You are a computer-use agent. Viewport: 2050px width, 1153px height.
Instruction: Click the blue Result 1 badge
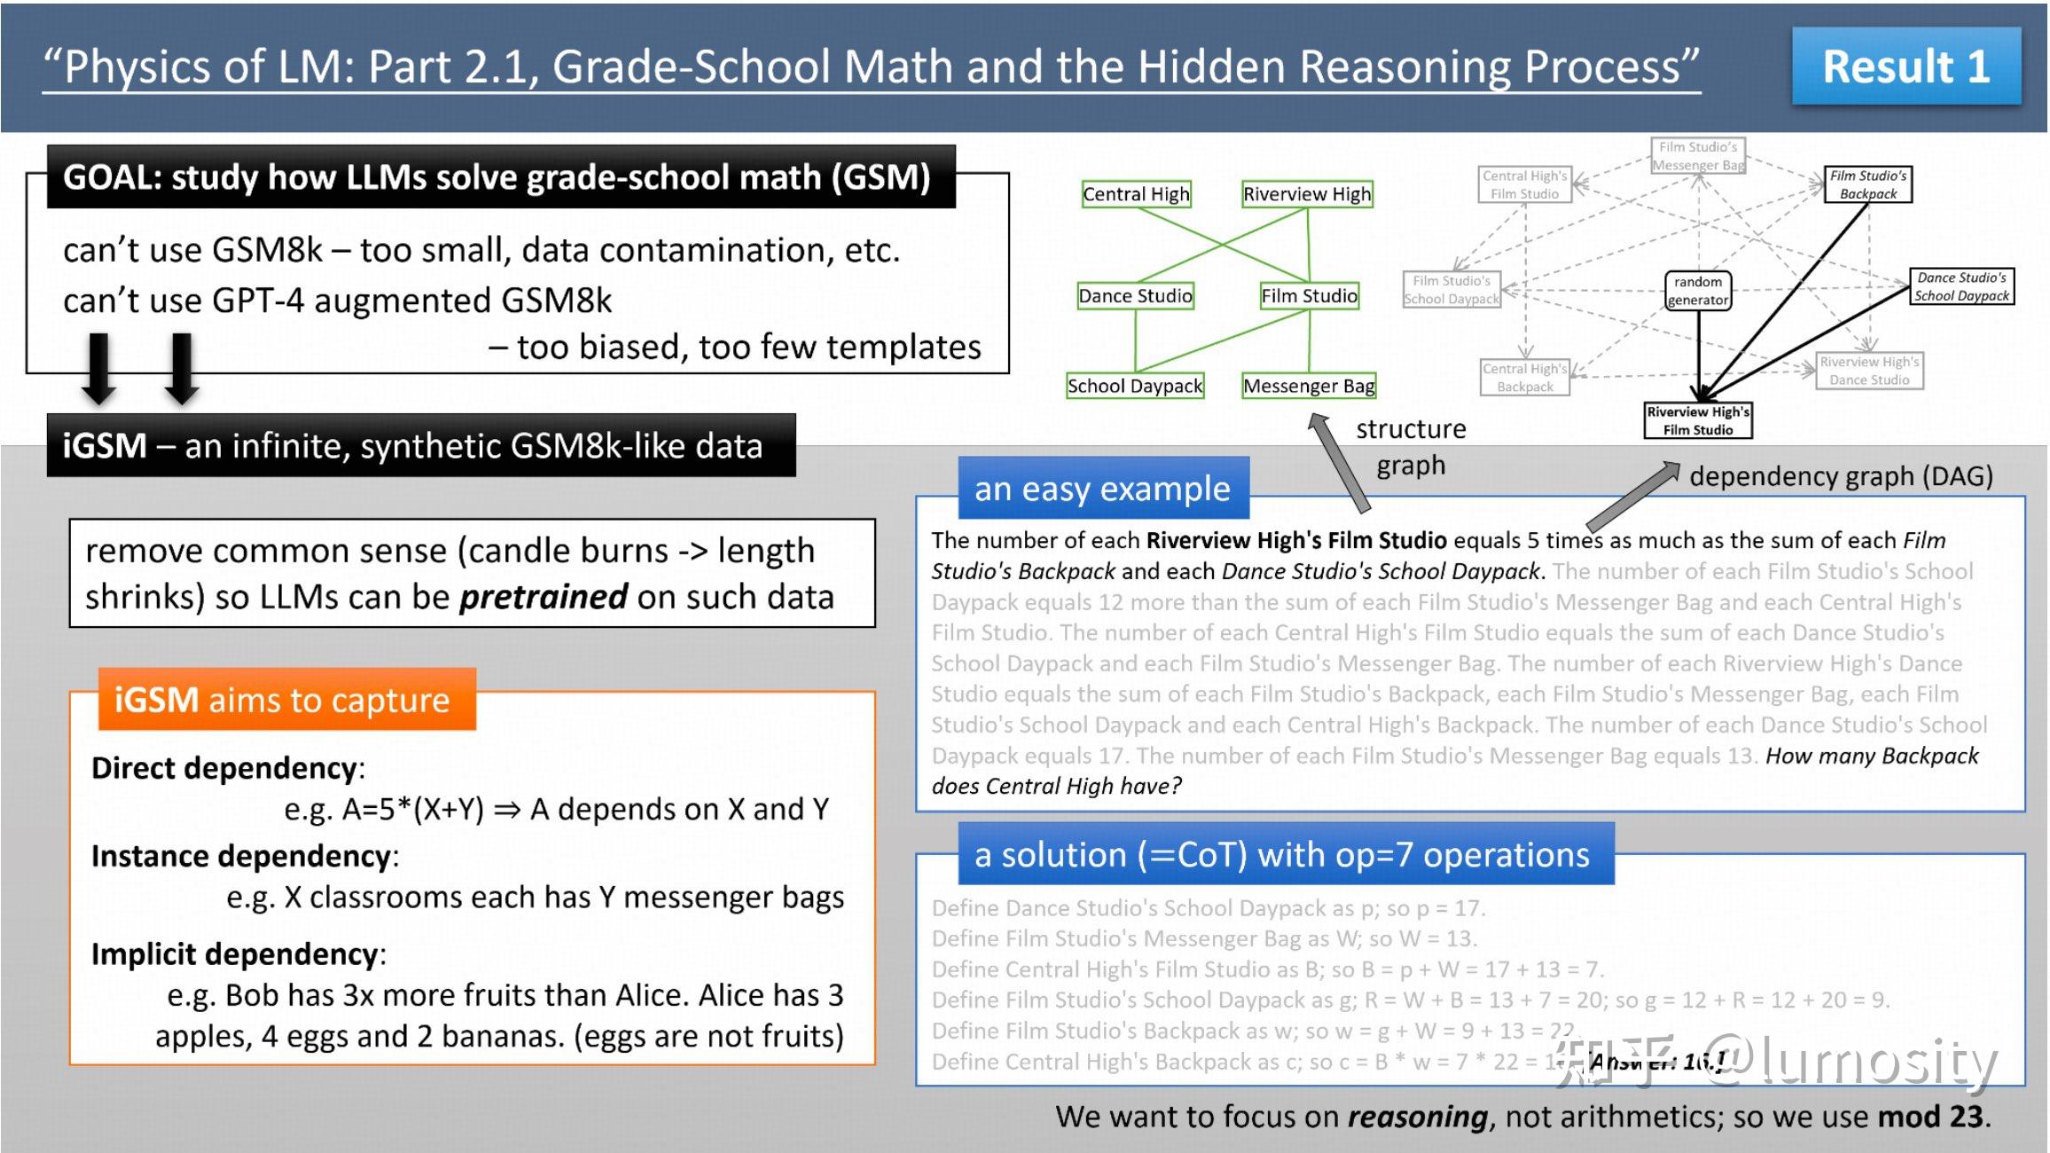pos(1906,67)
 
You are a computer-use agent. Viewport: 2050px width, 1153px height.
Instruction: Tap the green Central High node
pos(1136,194)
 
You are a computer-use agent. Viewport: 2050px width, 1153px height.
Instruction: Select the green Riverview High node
pos(1307,194)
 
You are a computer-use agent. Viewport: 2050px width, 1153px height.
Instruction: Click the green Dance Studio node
pos(1135,296)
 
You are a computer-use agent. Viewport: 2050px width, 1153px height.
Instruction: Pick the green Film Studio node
pos(1309,296)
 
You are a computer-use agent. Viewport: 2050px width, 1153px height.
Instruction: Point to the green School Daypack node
pos(1135,386)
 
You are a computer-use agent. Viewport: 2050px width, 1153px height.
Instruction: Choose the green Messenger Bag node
pos(1309,386)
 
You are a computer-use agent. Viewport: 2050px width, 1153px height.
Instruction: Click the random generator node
pos(1697,291)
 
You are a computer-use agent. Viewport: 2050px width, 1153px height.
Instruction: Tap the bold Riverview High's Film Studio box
pos(1697,420)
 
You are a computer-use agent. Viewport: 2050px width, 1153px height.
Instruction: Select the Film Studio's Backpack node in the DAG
pos(1867,184)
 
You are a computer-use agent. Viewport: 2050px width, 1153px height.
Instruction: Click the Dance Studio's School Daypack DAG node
pos(1961,286)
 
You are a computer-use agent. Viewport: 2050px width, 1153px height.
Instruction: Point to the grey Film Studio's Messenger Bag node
pos(1698,156)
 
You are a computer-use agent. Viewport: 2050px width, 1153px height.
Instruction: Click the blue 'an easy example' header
pos(1103,489)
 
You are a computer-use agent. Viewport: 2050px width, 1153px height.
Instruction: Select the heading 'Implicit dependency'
pos(235,954)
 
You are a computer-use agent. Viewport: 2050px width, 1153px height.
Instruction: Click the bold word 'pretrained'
pos(543,597)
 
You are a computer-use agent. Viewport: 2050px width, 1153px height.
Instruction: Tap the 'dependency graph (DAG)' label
pos(1841,476)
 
